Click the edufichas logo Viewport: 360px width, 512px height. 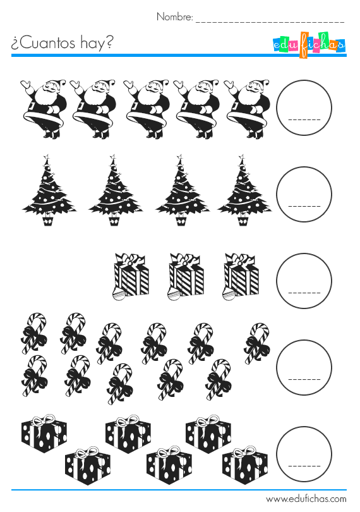[x=309, y=45]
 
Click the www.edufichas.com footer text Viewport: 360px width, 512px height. [x=306, y=499]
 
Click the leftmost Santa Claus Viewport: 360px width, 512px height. [x=43, y=107]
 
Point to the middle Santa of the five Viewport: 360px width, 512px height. [x=146, y=107]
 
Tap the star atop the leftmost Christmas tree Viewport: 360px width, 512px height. [x=45, y=156]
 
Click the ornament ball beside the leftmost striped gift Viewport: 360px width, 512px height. [x=118, y=293]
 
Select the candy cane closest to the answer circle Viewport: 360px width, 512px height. [x=257, y=342]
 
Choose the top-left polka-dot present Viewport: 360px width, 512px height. [x=44, y=434]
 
